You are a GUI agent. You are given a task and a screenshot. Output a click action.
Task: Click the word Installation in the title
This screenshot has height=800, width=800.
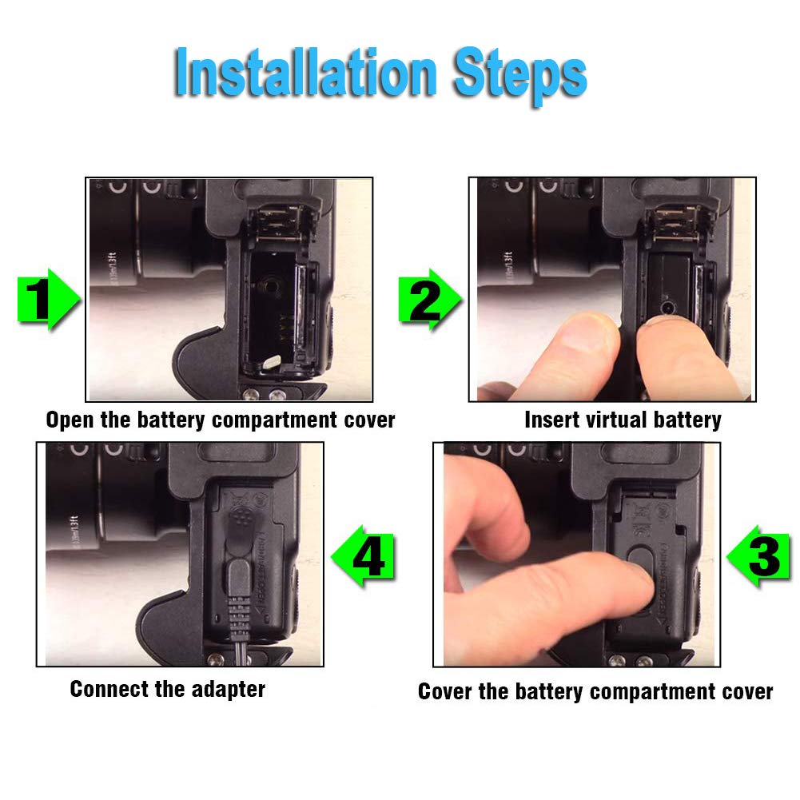click(x=305, y=73)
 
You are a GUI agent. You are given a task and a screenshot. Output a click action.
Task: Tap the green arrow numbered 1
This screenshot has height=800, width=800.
click(x=48, y=300)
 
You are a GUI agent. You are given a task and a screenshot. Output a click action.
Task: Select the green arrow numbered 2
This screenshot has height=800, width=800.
click(x=430, y=300)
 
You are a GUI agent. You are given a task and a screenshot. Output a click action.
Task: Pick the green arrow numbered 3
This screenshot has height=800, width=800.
click(x=758, y=556)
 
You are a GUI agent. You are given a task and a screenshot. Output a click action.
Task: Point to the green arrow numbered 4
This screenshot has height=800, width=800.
click(x=364, y=556)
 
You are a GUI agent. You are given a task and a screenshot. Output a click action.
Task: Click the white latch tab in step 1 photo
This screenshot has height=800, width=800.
click(x=271, y=361)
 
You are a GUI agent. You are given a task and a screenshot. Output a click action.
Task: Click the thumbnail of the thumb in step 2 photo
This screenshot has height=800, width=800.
click(x=587, y=333)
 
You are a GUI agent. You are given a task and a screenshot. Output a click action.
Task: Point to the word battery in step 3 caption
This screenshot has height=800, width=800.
click(x=548, y=692)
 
